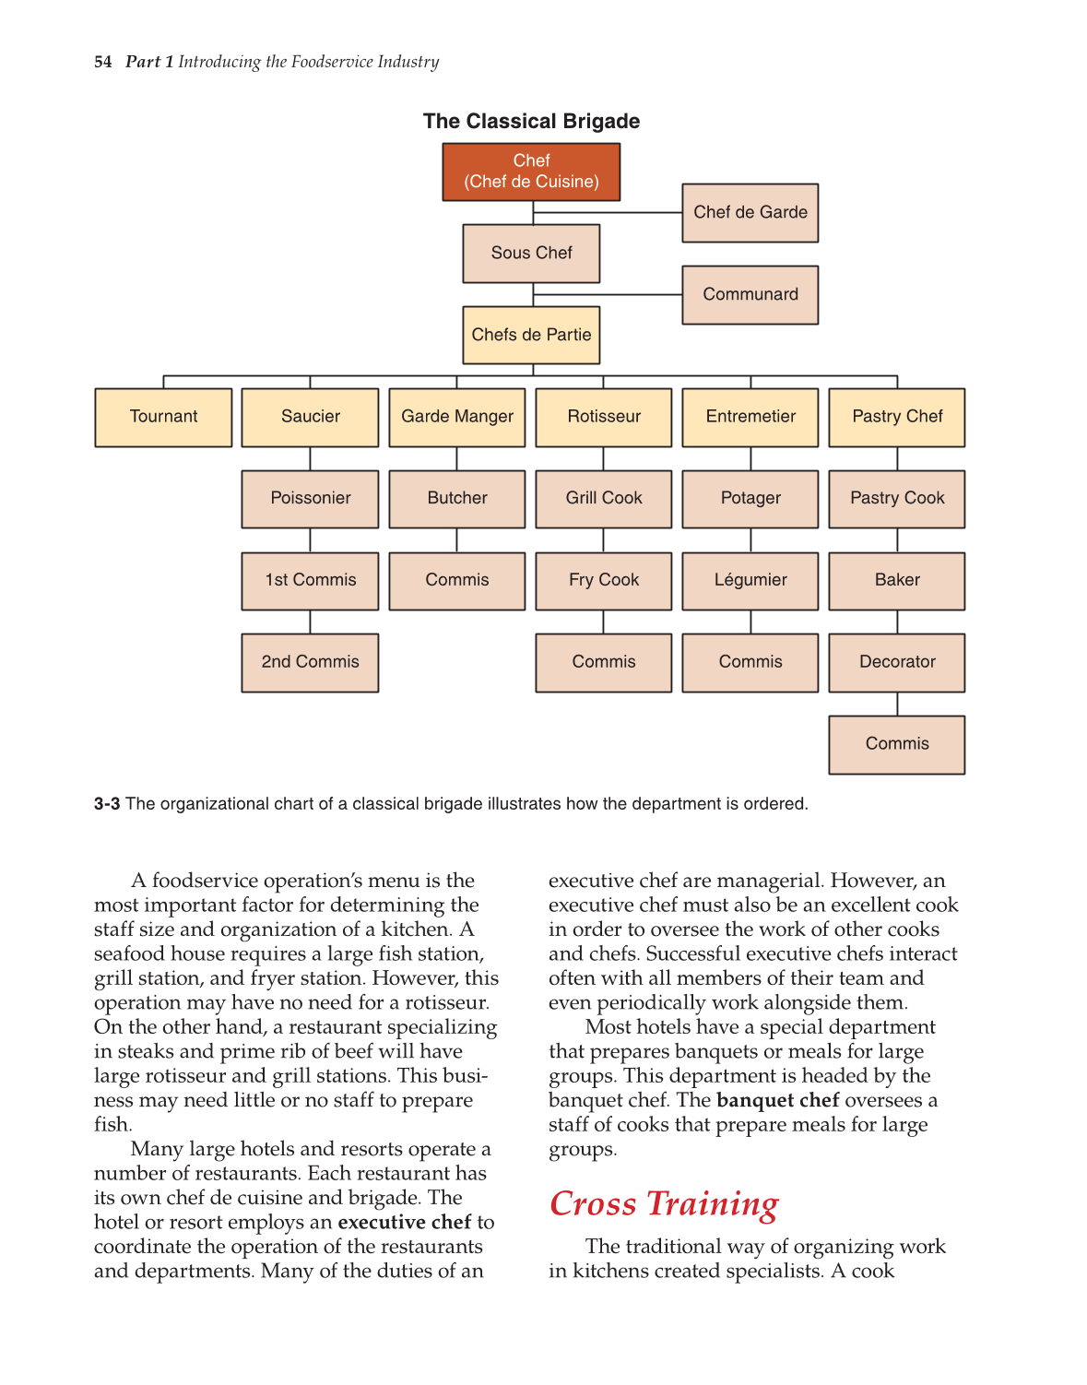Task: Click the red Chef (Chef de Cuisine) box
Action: (x=531, y=172)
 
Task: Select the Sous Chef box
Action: (x=531, y=253)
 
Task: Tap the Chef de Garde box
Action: (x=750, y=212)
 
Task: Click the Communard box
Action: (x=750, y=294)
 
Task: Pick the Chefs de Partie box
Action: (x=531, y=335)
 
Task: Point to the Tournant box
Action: (x=163, y=417)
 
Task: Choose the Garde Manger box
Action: (x=456, y=417)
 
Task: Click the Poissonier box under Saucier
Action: (x=310, y=498)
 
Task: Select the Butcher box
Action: (x=456, y=498)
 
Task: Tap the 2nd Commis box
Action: (x=310, y=662)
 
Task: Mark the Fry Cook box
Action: (x=603, y=580)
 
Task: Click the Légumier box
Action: (x=750, y=580)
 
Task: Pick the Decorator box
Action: (x=896, y=662)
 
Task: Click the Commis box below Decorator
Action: (x=896, y=744)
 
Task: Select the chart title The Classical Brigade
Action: (x=531, y=122)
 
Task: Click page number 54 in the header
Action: (x=102, y=62)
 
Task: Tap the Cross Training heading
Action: (x=664, y=1203)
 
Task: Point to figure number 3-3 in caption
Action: (x=107, y=804)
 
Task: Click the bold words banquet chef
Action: (x=777, y=1100)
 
